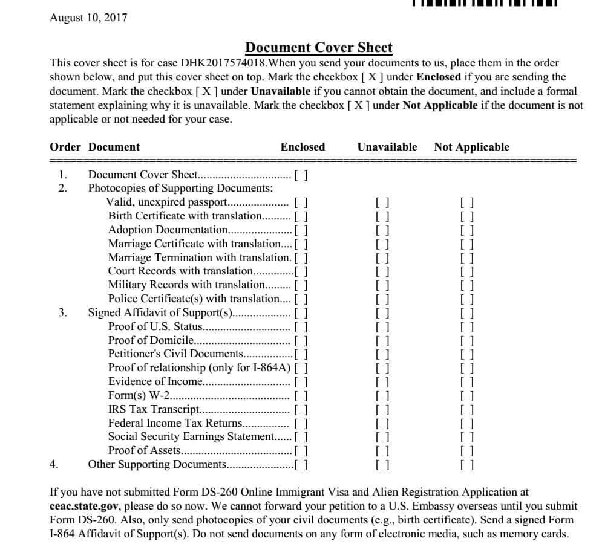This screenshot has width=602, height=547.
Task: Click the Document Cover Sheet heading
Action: (x=318, y=48)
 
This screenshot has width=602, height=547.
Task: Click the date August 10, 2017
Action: (x=88, y=18)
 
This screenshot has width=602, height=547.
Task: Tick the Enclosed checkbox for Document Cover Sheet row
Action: (x=301, y=175)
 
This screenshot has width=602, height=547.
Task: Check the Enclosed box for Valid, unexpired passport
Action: (x=301, y=202)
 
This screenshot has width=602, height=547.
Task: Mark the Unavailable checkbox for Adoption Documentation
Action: (x=382, y=230)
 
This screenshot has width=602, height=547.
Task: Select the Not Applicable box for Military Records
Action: (x=466, y=285)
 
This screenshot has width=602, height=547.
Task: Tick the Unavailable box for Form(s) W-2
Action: (x=382, y=396)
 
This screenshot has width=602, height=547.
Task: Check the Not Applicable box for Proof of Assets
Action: (x=466, y=450)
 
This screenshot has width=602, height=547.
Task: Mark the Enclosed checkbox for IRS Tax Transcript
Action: (x=301, y=409)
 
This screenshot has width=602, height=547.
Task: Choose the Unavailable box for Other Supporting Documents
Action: (x=382, y=465)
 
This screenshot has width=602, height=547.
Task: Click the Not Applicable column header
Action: (x=471, y=147)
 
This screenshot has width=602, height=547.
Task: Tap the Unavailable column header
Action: (x=387, y=147)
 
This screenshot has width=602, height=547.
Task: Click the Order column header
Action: (x=65, y=147)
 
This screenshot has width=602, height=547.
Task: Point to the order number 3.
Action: (x=63, y=312)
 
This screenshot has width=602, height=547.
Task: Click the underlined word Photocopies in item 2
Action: (x=117, y=189)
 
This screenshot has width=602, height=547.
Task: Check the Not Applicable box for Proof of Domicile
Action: (x=466, y=340)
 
